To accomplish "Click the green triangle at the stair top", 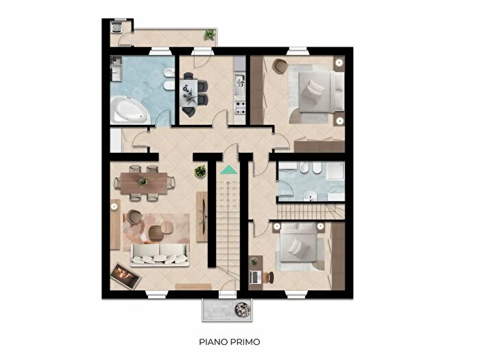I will pyautogui.click(x=228, y=168).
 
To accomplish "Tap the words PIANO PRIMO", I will pyautogui.click(x=230, y=341).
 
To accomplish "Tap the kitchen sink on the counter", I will pyautogui.click(x=239, y=84).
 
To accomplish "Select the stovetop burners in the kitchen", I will pyautogui.click(x=240, y=106).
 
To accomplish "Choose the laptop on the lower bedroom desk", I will pyautogui.click(x=255, y=276).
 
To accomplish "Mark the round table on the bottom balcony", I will pyautogui.click(x=242, y=309).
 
